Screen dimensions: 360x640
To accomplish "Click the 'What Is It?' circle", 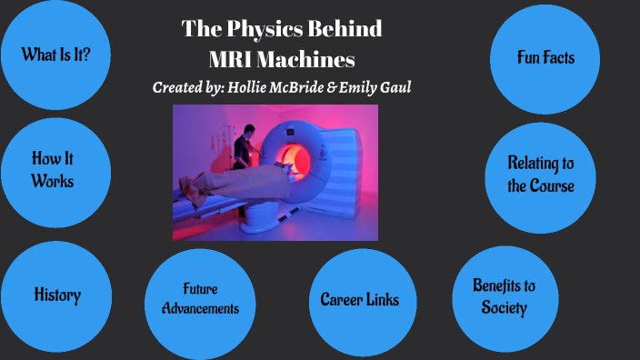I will (55, 55).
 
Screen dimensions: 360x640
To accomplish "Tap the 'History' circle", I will (56, 295).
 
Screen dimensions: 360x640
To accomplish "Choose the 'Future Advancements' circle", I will (199, 299).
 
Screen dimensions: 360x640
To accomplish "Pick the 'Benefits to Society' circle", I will (504, 296).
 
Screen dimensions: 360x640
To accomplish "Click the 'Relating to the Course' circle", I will (540, 175).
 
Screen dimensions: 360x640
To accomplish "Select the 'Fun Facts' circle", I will (545, 58).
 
